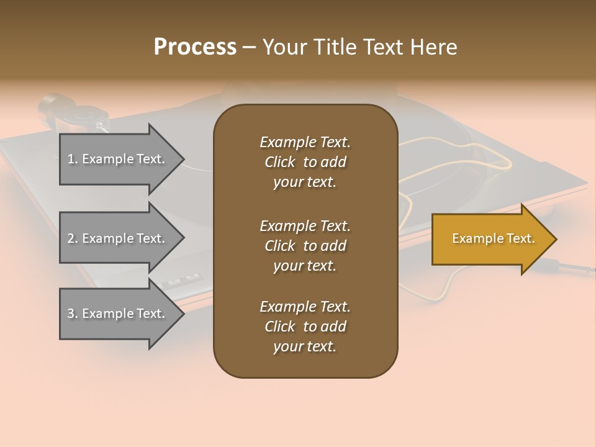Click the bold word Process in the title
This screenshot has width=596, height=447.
195,47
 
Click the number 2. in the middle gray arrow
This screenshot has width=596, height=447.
73,238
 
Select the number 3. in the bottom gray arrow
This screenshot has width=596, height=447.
73,314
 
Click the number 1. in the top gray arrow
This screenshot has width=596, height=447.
73,159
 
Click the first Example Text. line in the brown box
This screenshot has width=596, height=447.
305,142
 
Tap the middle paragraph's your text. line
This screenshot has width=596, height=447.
304,266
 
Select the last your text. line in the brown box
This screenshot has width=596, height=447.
304,346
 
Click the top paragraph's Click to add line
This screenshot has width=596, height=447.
305,162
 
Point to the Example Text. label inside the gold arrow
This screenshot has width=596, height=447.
493,238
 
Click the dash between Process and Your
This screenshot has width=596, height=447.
249,47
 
